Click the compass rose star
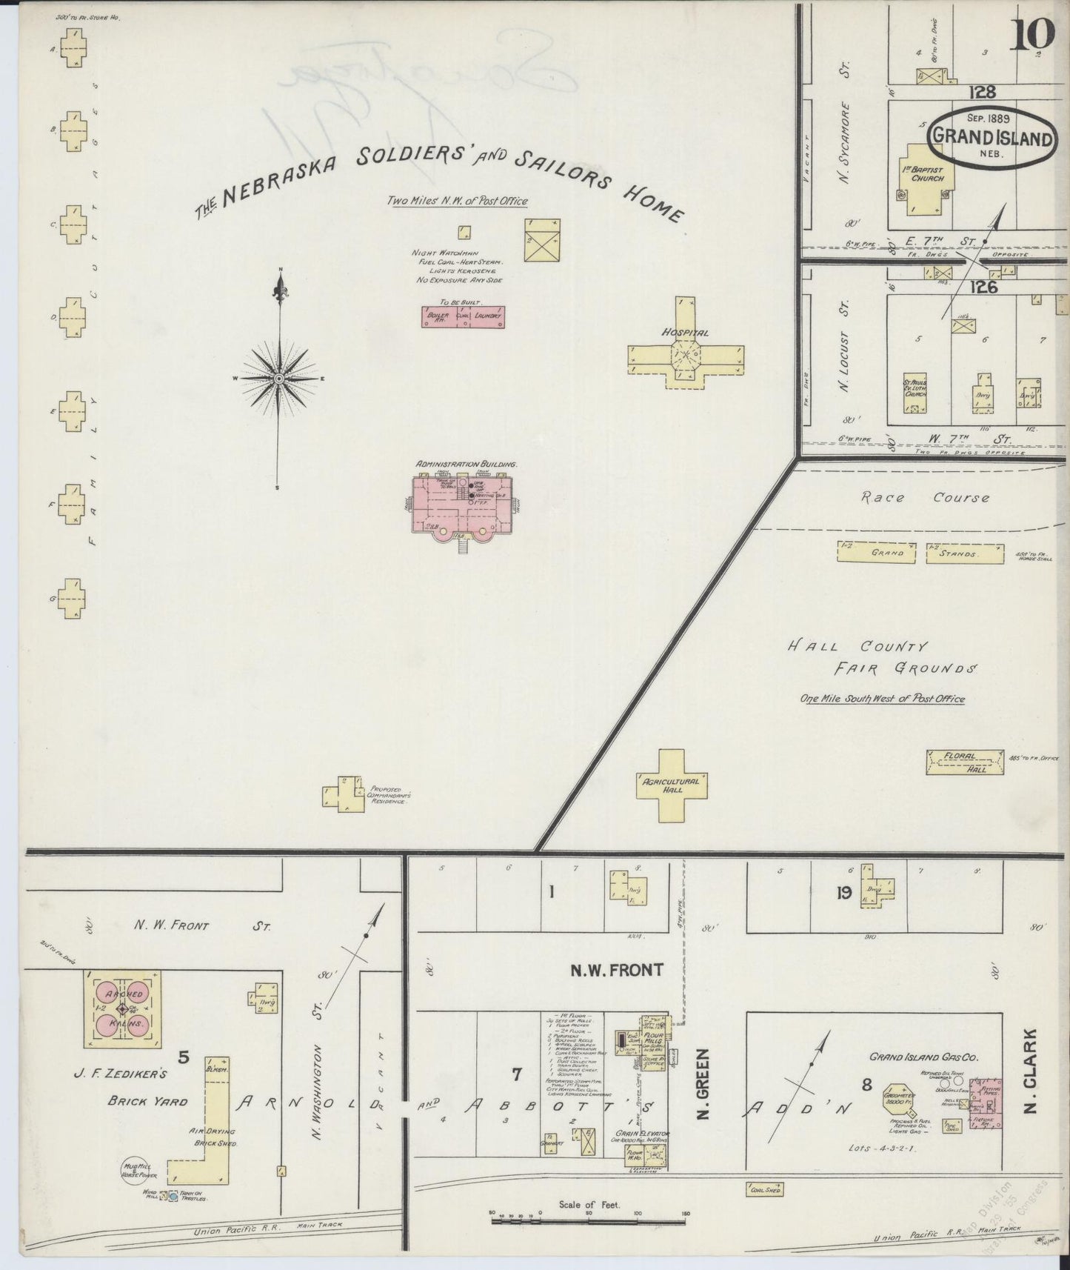280,379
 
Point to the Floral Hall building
966,762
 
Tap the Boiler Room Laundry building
463,316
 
